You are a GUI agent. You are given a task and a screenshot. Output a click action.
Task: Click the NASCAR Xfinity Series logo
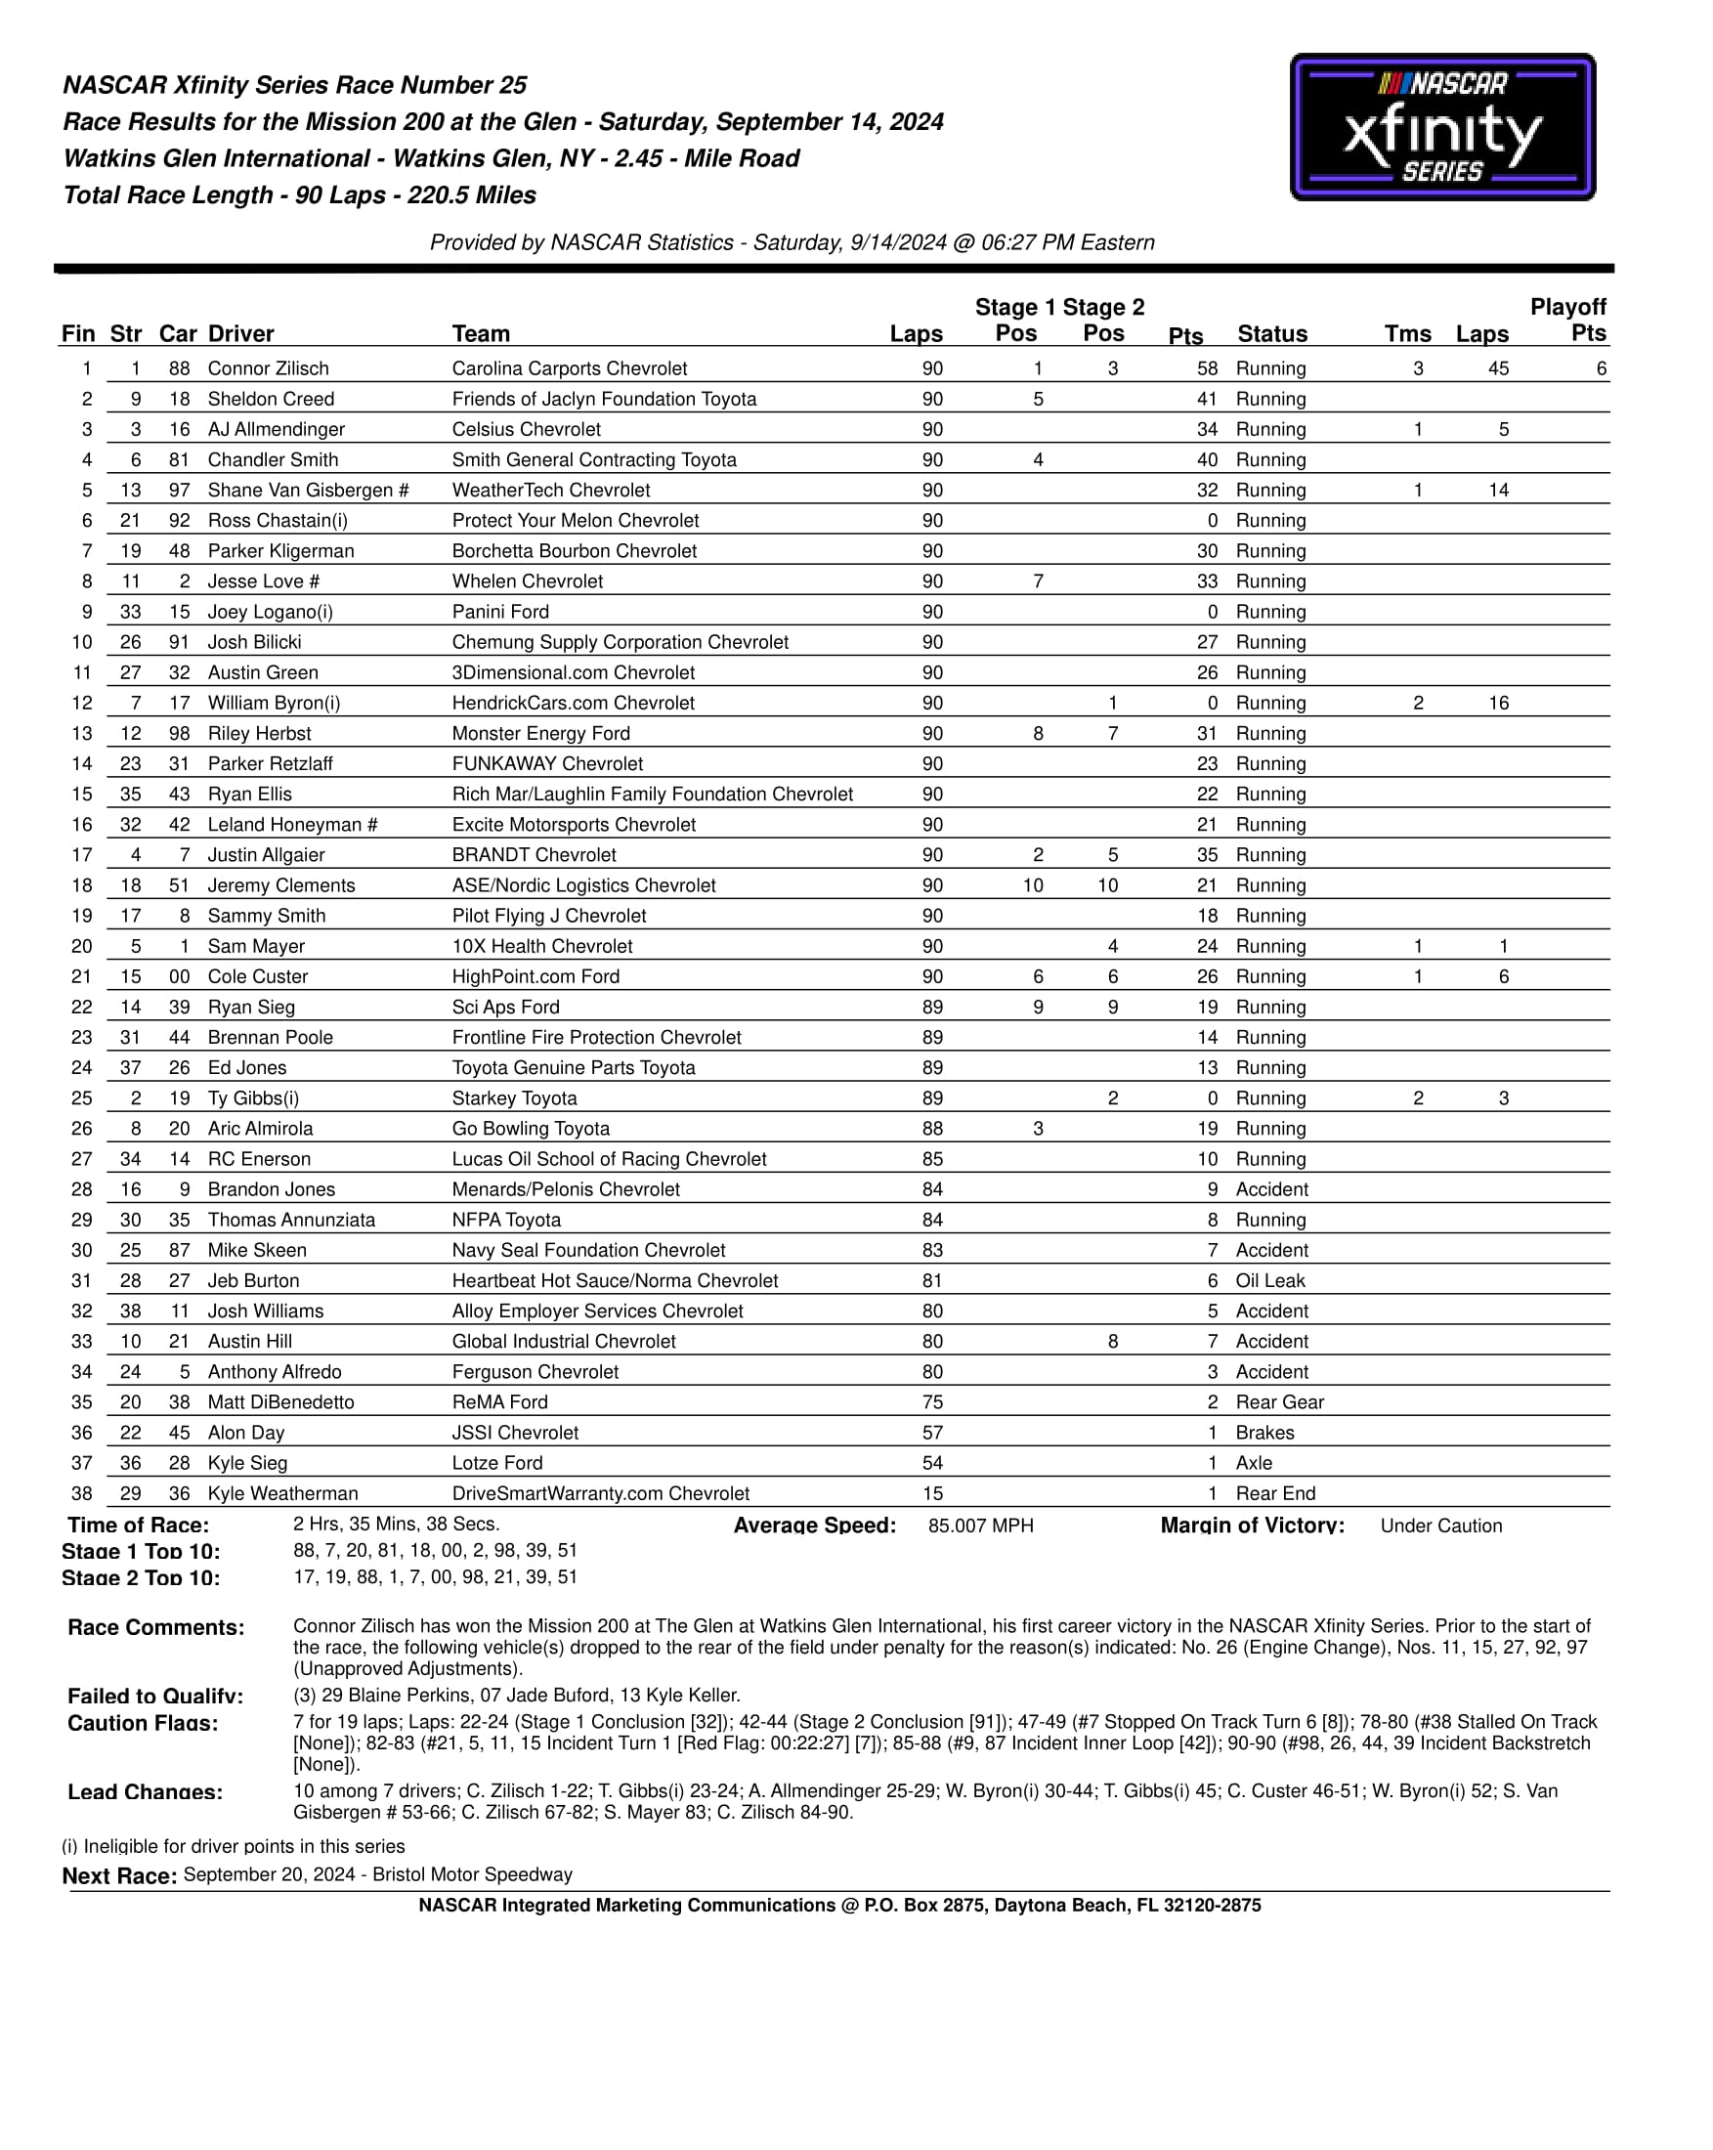pyautogui.click(x=1441, y=127)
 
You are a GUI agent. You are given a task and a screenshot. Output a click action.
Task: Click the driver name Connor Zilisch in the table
pyautogui.click(x=267, y=368)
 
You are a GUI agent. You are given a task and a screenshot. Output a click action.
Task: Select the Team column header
pyautogui.click(x=481, y=334)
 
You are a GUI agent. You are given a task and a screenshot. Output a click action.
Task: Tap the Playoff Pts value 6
pyautogui.click(x=1601, y=368)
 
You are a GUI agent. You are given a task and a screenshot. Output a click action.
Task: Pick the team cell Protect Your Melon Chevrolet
pyautogui.click(x=576, y=521)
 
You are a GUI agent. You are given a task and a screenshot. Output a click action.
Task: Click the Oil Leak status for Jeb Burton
pyautogui.click(x=1269, y=1280)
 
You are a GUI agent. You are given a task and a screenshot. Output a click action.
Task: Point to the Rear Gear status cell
pyautogui.click(x=1279, y=1402)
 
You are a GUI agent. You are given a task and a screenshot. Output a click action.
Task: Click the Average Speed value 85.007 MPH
pyautogui.click(x=980, y=1526)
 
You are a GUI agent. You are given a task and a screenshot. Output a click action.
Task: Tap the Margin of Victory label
pyautogui.click(x=1252, y=1526)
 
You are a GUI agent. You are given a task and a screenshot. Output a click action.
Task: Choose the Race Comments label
pyautogui.click(x=155, y=1627)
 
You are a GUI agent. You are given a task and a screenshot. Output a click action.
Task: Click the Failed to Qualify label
pyautogui.click(x=154, y=1697)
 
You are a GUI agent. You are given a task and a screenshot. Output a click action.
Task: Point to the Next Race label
pyautogui.click(x=119, y=1875)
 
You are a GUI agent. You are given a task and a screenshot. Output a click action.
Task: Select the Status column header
pyautogui.click(x=1271, y=334)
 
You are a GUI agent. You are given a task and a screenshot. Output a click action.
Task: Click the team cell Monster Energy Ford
pyautogui.click(x=540, y=733)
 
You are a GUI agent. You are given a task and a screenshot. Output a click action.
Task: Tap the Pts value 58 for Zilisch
pyautogui.click(x=1207, y=368)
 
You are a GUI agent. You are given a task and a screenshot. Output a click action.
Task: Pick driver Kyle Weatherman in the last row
pyautogui.click(x=282, y=1493)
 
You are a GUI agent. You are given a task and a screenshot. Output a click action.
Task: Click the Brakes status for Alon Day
pyautogui.click(x=1264, y=1432)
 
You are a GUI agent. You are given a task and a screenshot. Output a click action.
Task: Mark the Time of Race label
pyautogui.click(x=138, y=1526)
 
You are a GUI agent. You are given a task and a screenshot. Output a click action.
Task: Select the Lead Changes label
pyautogui.click(x=145, y=1792)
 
